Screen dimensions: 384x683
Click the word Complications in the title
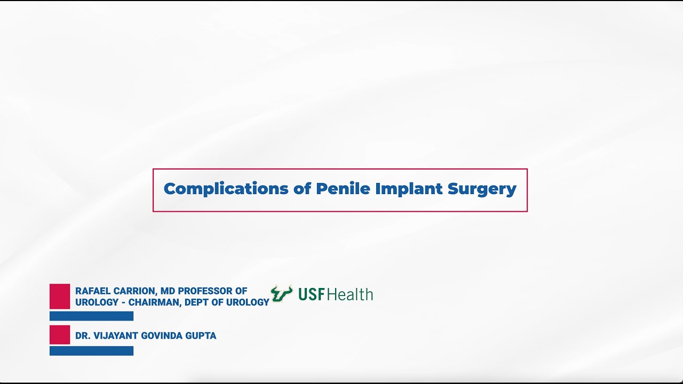[x=226, y=189]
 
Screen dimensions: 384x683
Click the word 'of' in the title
[x=303, y=189]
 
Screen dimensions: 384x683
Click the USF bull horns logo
[x=281, y=294]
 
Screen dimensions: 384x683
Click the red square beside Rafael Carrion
[x=60, y=296]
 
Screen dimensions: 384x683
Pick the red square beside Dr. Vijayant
[x=60, y=334]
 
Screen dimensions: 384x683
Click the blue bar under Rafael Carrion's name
[x=91, y=316]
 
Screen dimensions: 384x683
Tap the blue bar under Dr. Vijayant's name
[x=91, y=350]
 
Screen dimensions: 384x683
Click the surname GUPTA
[x=201, y=336]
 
